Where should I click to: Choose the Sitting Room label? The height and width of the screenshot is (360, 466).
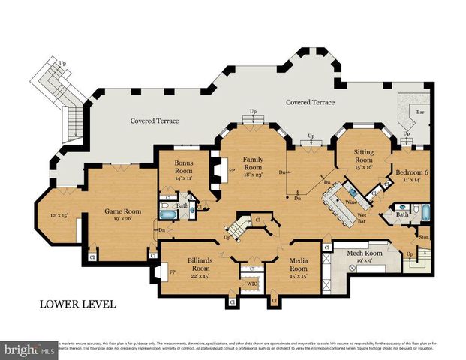click(x=363, y=155)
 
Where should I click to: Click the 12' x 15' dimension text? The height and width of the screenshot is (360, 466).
click(x=58, y=215)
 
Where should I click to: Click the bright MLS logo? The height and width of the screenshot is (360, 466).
click(x=30, y=349)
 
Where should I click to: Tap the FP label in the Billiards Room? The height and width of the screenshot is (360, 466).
click(x=172, y=271)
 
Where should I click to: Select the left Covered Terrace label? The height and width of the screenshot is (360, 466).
click(x=154, y=120)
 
